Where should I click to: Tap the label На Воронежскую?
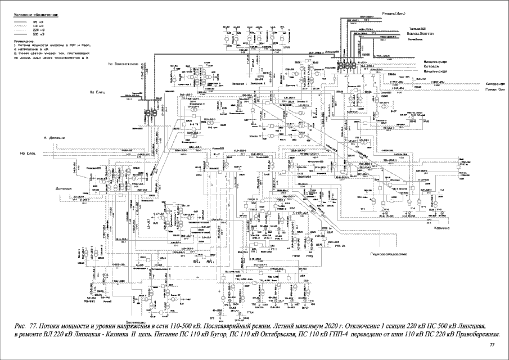(123, 64)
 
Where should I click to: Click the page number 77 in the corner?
(493, 344)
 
